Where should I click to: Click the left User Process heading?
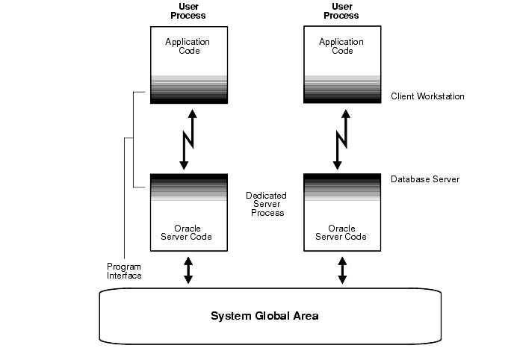point(188,10)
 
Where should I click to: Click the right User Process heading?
point(341,10)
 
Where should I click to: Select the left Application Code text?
point(188,46)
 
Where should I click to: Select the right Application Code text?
point(341,46)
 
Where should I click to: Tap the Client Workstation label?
point(427,96)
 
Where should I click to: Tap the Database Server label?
point(424,179)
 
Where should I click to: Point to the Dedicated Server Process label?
point(267,204)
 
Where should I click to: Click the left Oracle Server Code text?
point(187,232)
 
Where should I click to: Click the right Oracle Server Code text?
point(341,232)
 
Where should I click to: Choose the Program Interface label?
point(124,271)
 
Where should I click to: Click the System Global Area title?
point(264,316)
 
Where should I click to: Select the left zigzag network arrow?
point(188,138)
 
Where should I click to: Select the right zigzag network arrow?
point(341,138)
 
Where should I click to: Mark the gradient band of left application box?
point(188,89)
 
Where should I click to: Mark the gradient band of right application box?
point(341,89)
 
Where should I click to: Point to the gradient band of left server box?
point(188,187)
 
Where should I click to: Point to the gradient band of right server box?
point(341,187)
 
